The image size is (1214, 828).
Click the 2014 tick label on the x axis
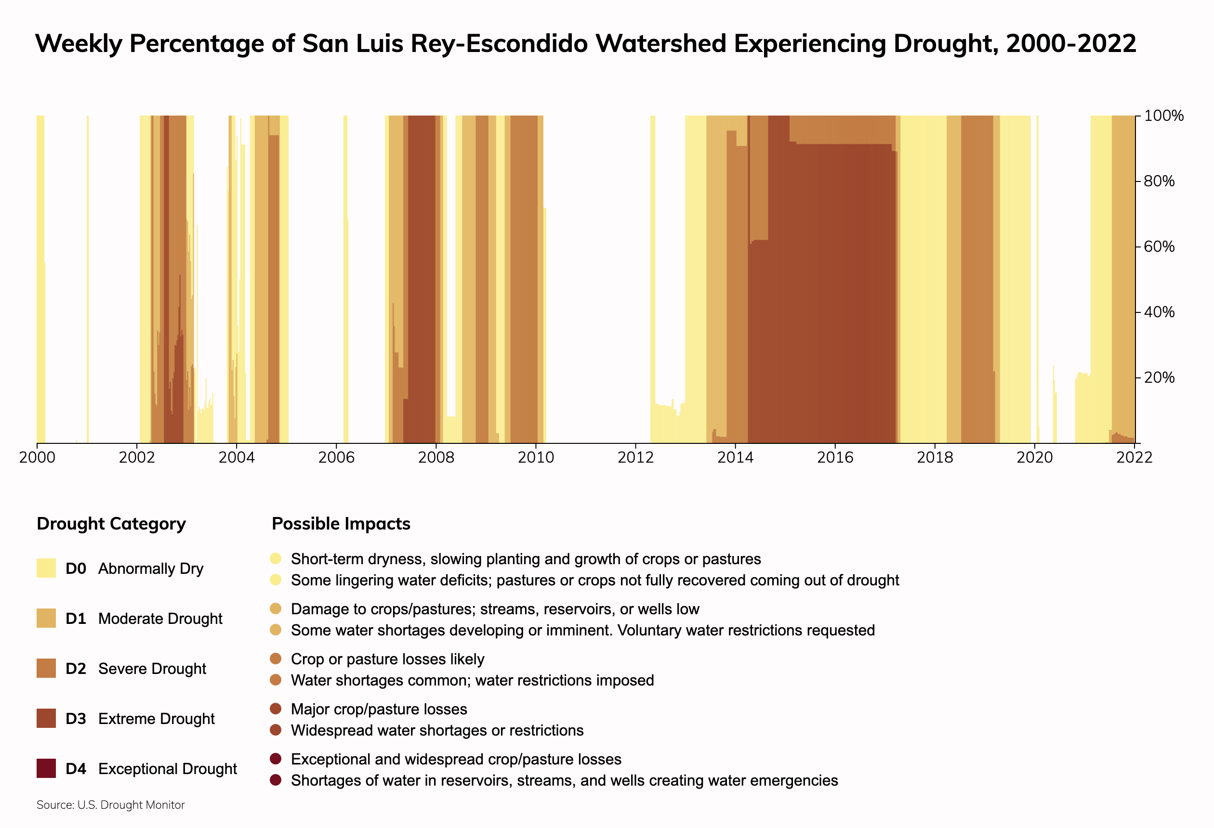[735, 457]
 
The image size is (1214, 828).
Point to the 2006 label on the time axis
[336, 457]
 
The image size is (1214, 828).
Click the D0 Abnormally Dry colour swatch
[46, 568]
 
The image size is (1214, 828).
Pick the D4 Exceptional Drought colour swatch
[46, 768]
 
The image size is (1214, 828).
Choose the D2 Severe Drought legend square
[46, 668]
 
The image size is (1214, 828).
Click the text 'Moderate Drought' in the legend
[160, 619]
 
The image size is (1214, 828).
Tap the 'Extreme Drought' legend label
[156, 719]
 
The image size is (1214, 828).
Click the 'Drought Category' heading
[111, 524]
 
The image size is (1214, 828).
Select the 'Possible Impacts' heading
[341, 524]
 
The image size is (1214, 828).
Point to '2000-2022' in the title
[1071, 43]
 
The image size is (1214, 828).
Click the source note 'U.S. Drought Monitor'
[131, 805]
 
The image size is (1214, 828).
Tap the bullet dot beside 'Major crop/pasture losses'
[276, 709]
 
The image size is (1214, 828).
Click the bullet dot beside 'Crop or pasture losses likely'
[276, 659]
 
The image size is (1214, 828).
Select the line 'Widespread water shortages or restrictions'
[437, 730]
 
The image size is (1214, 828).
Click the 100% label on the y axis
[1163, 116]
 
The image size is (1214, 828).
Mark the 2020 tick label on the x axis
[1034, 457]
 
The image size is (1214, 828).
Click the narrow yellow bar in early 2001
[88, 277]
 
